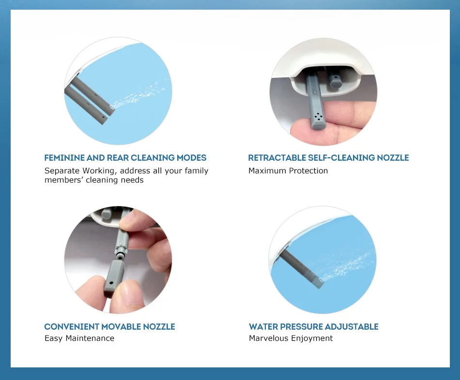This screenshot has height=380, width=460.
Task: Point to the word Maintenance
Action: pyautogui.click(x=90, y=338)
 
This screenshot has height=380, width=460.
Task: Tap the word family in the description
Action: pyautogui.click(x=196, y=171)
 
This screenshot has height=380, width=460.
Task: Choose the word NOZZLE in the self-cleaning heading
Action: pyautogui.click(x=393, y=158)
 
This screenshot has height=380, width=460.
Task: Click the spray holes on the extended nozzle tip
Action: pyautogui.click(x=318, y=117)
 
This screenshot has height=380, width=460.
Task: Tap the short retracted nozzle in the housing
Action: pyautogui.click(x=335, y=81)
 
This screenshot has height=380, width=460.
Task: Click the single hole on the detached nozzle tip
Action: pyautogui.click(x=111, y=283)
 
